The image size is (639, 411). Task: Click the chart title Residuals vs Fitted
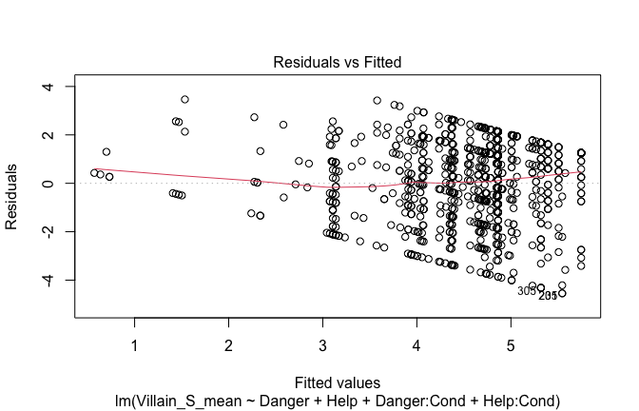point(338,63)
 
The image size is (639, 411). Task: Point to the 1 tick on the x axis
point(134,344)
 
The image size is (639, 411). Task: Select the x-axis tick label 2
point(228,344)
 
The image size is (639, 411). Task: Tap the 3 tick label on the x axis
point(322,344)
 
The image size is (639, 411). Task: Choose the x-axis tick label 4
point(416,344)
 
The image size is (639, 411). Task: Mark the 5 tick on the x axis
point(511,344)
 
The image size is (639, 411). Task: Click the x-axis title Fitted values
point(338,382)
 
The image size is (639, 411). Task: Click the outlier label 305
point(527,291)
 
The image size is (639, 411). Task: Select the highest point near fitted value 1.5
point(184,99)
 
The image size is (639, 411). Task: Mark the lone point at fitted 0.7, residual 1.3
point(106,151)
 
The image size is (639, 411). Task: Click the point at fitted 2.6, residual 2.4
point(283,125)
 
